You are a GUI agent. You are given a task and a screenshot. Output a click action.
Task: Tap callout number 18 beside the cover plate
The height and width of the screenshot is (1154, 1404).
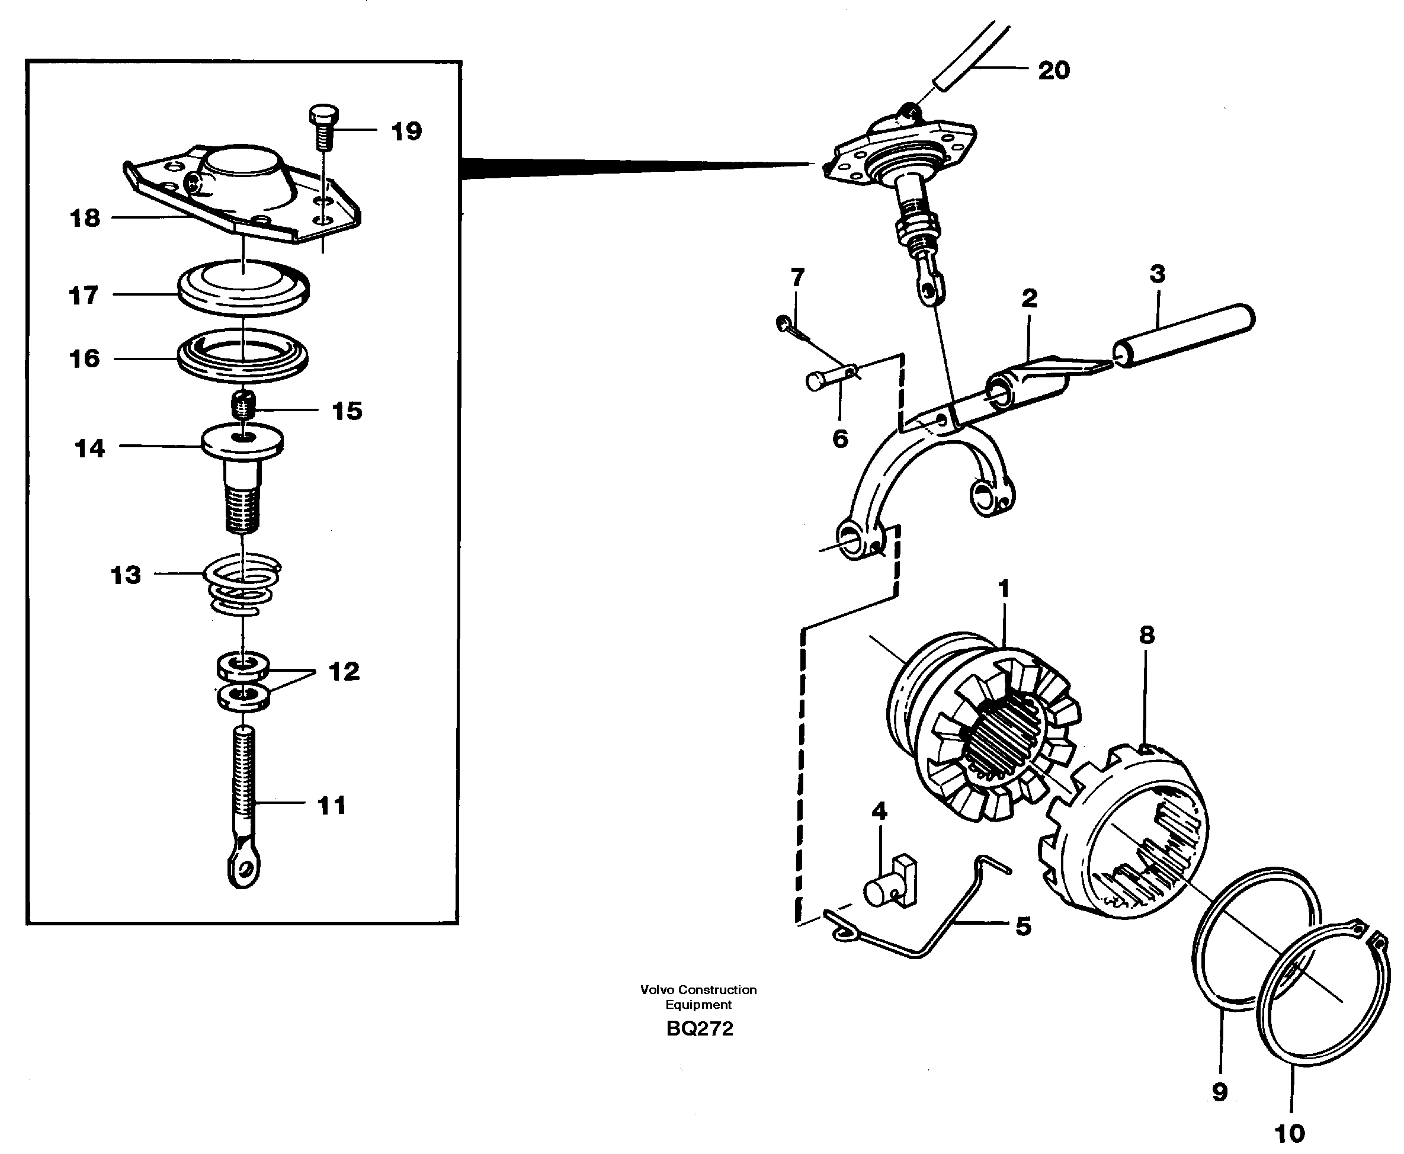pyautogui.click(x=85, y=218)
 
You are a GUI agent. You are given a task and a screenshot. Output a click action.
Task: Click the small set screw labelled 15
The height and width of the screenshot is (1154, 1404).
pyautogui.click(x=245, y=405)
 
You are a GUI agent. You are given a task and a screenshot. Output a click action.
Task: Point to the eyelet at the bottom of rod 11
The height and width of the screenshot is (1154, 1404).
pyautogui.click(x=244, y=870)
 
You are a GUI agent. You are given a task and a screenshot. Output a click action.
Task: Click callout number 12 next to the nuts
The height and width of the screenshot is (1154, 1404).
pyautogui.click(x=344, y=671)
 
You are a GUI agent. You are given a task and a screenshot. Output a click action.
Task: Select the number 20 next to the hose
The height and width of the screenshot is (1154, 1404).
pyautogui.click(x=1054, y=70)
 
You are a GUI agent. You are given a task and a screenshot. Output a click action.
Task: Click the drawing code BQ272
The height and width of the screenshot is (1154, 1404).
pyautogui.click(x=700, y=1029)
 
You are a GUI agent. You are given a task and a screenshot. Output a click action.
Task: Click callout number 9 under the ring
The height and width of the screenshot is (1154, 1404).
pyautogui.click(x=1219, y=1092)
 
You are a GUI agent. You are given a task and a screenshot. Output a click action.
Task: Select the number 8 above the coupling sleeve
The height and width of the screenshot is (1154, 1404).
pyautogui.click(x=1147, y=635)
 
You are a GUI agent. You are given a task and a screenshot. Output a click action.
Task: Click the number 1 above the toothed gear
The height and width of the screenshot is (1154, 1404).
pyautogui.click(x=1004, y=588)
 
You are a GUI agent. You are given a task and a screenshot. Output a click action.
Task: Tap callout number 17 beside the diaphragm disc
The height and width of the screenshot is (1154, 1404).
pyautogui.click(x=84, y=295)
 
